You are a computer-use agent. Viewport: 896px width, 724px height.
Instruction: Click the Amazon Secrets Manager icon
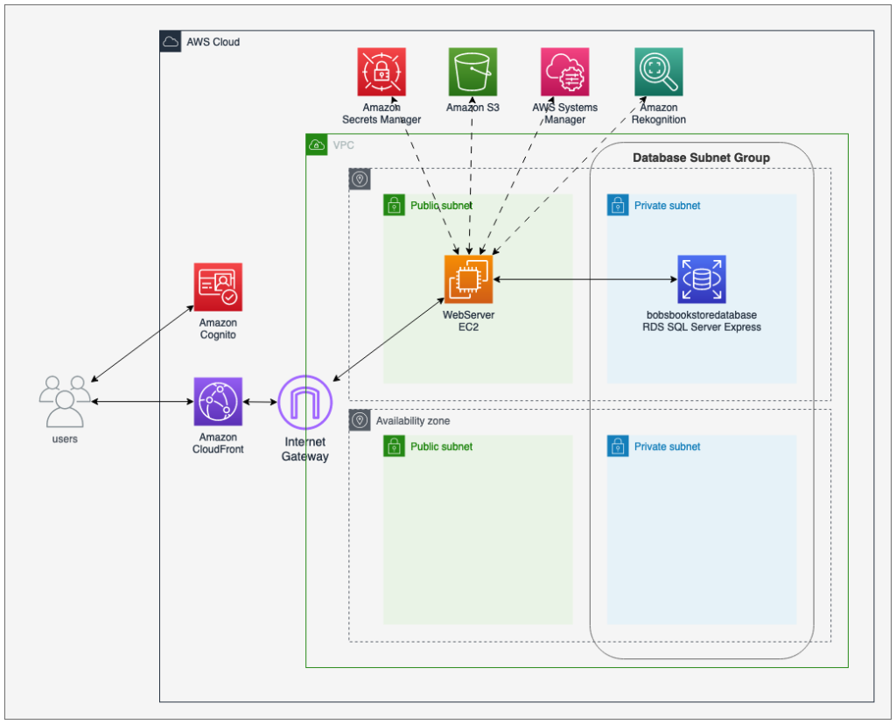tap(381, 72)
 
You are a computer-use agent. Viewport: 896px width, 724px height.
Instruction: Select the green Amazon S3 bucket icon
tap(472, 72)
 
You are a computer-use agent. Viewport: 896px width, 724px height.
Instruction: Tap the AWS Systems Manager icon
tap(565, 72)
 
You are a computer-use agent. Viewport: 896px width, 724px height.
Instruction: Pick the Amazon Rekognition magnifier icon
tap(658, 72)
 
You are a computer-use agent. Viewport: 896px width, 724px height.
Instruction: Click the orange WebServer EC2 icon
tap(468, 279)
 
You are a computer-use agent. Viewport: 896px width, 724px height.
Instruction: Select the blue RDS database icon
tap(702, 279)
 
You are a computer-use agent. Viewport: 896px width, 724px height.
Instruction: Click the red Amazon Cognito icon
tap(218, 287)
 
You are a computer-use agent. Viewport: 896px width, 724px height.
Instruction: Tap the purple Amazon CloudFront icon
tap(218, 402)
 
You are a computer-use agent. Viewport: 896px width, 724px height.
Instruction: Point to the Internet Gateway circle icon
tap(304, 402)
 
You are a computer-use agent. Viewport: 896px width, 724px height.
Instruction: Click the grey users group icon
tap(65, 402)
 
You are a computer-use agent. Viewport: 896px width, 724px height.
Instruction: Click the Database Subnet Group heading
tap(701, 158)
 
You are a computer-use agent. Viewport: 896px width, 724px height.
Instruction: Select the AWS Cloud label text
tap(213, 42)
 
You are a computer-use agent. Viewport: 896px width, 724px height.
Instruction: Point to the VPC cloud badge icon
tap(316, 144)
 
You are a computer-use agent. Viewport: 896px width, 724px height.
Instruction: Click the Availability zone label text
tap(413, 421)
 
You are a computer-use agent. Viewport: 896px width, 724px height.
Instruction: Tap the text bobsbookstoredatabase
tap(701, 314)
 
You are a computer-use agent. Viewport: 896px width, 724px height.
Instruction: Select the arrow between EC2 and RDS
tap(584, 279)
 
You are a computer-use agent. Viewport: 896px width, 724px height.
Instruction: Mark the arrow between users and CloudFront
tap(142, 402)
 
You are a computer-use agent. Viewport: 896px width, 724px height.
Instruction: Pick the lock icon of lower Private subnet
tap(618, 446)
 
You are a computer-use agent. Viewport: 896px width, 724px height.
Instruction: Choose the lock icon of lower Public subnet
tap(394, 446)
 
